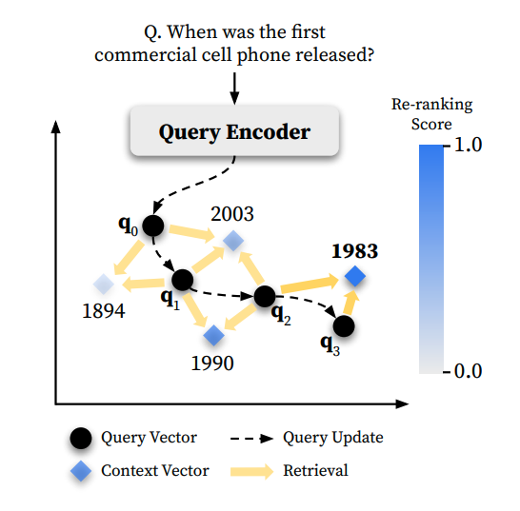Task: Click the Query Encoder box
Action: [x=235, y=131]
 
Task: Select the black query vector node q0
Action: [x=153, y=226]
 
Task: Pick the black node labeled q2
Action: [x=266, y=296]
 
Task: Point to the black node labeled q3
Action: [x=344, y=326]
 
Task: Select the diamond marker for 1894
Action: [x=104, y=283]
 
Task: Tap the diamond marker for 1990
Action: [x=214, y=334]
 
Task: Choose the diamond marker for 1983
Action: [x=354, y=277]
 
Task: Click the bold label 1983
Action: [x=354, y=251]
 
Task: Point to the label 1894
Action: [x=103, y=311]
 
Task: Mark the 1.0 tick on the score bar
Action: [x=449, y=147]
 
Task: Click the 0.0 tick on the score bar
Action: [x=449, y=370]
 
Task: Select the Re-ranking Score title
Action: [x=431, y=114]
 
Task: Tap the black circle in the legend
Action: [x=82, y=438]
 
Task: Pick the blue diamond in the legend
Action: [x=82, y=470]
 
